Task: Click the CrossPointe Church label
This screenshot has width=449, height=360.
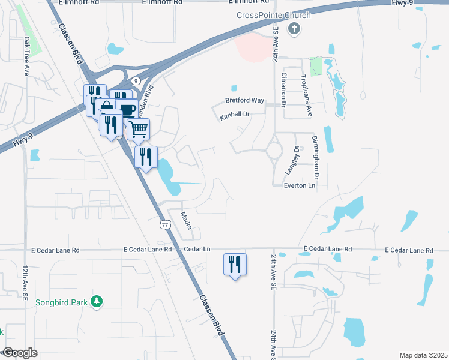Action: (x=274, y=15)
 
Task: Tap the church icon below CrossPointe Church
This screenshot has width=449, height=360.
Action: (x=294, y=28)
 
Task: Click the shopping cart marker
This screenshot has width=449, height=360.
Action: (x=139, y=128)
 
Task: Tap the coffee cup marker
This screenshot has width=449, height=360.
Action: (x=128, y=109)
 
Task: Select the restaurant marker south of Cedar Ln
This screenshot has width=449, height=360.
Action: (x=234, y=263)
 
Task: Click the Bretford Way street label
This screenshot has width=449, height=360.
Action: (x=245, y=100)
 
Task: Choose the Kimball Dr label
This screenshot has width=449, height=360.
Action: (x=234, y=115)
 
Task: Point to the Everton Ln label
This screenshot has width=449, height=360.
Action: (x=299, y=186)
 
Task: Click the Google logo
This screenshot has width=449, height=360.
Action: (x=20, y=353)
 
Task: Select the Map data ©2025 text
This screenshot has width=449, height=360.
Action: (x=423, y=355)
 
